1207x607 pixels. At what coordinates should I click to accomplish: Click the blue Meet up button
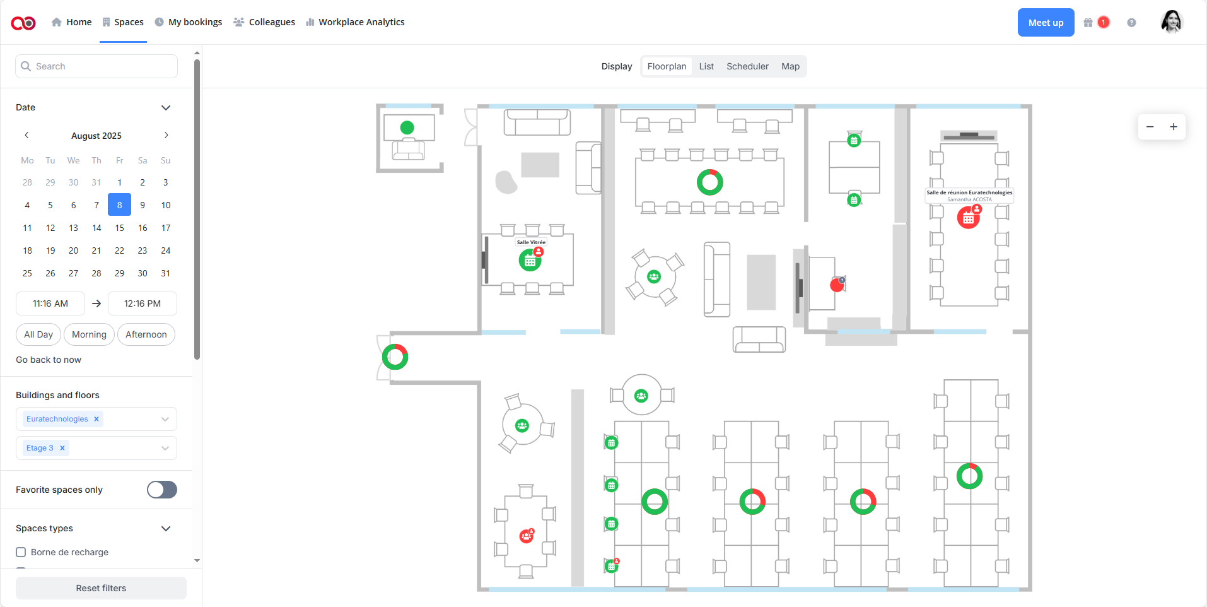[1046, 23]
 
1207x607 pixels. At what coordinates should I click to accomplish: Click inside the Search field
[101, 66]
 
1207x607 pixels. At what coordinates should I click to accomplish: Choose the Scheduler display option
[747, 66]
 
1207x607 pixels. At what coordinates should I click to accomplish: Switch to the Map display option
[790, 66]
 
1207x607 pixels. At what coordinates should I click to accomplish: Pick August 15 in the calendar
[120, 228]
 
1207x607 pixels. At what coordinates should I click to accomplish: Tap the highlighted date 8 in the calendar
[120, 205]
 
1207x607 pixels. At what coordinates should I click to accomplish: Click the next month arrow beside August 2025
[166, 135]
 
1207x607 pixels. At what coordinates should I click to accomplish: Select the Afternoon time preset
[146, 334]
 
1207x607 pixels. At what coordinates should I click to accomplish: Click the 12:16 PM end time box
[143, 303]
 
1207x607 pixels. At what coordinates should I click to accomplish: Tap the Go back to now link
[49, 360]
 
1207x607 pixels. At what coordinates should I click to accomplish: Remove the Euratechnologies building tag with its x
[96, 419]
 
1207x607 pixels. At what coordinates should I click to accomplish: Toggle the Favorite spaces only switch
[162, 490]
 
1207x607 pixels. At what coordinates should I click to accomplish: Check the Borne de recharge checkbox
[21, 552]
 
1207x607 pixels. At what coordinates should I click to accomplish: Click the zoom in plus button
[1174, 127]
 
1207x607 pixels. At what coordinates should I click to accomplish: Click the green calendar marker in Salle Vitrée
[530, 261]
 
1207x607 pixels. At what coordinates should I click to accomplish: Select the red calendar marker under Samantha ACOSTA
[968, 218]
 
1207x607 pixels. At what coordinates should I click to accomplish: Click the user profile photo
[1171, 22]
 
